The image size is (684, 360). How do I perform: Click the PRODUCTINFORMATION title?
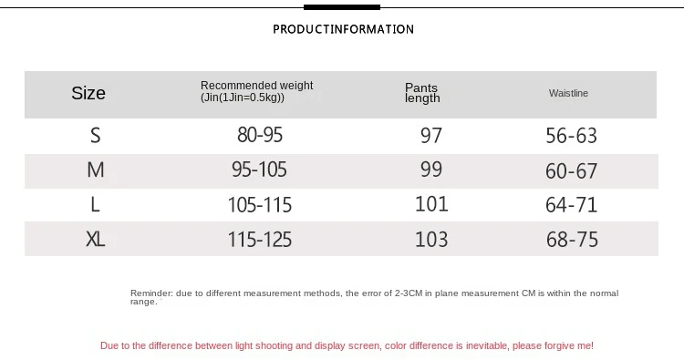(x=343, y=29)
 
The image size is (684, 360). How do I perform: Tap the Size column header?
(x=88, y=93)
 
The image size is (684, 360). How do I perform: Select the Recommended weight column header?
(x=257, y=91)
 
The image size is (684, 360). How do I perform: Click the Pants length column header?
(x=422, y=93)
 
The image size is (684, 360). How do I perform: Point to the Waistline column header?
(x=568, y=93)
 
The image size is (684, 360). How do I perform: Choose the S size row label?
(x=96, y=136)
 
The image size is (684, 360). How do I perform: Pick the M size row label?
(x=96, y=170)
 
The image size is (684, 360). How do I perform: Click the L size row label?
(x=95, y=204)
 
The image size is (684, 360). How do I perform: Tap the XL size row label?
(x=96, y=239)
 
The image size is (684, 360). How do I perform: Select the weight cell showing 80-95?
(x=260, y=135)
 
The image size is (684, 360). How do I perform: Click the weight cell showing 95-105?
(x=260, y=170)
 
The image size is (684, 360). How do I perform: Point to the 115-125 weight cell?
(x=260, y=240)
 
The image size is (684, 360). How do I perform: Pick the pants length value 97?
(x=431, y=135)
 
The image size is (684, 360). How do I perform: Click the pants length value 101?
(x=431, y=204)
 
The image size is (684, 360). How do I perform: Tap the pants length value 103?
(x=431, y=240)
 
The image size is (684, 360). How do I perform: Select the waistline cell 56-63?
(x=572, y=136)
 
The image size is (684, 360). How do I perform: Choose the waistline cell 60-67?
(x=572, y=170)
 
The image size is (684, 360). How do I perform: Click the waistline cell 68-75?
(x=572, y=240)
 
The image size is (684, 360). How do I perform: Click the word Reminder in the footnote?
(x=151, y=293)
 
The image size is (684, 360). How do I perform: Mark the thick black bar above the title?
(x=342, y=7)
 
